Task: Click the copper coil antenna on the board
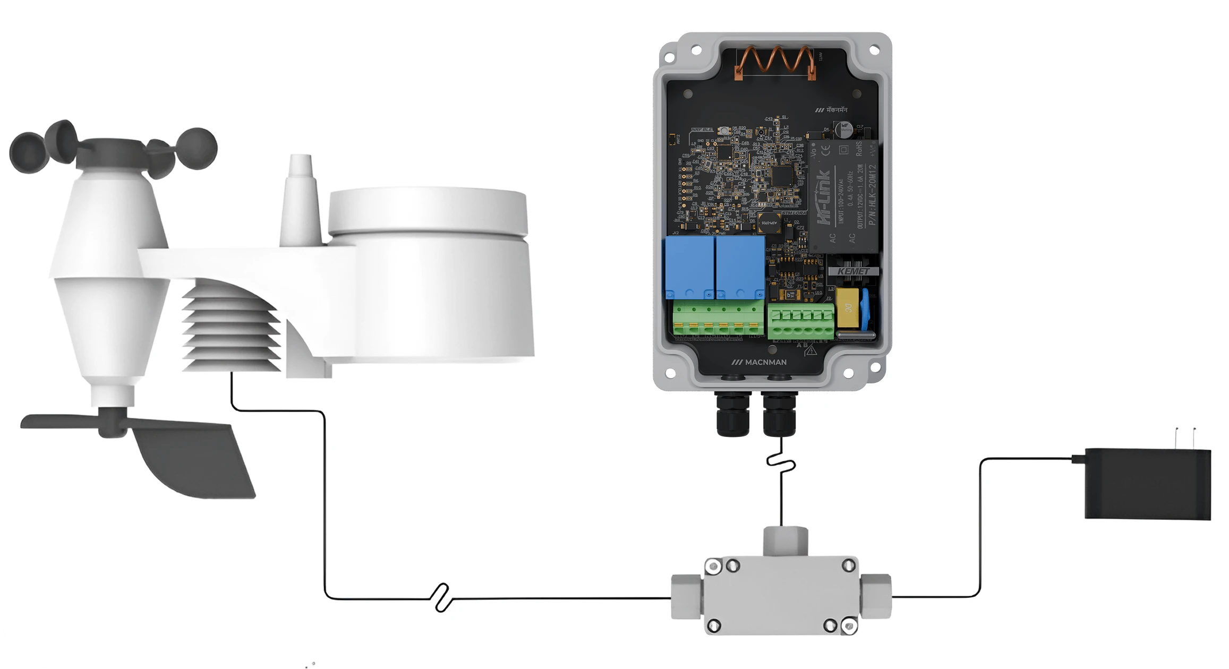[775, 62]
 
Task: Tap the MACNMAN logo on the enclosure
[759, 362]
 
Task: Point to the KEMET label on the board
[853, 271]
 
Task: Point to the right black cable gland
[779, 414]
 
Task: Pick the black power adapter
[1147, 483]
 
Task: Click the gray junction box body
[781, 595]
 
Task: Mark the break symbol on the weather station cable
[441, 598]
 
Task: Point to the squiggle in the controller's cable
[781, 462]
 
